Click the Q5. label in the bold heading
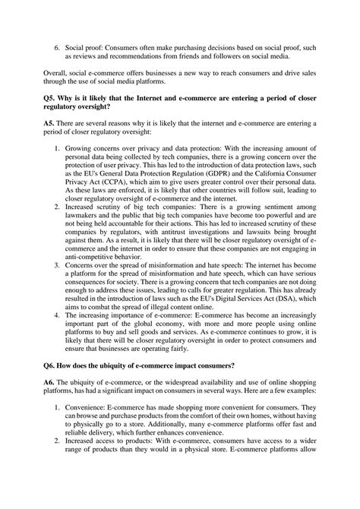coord(50,100)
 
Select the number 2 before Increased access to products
coord(57,483)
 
